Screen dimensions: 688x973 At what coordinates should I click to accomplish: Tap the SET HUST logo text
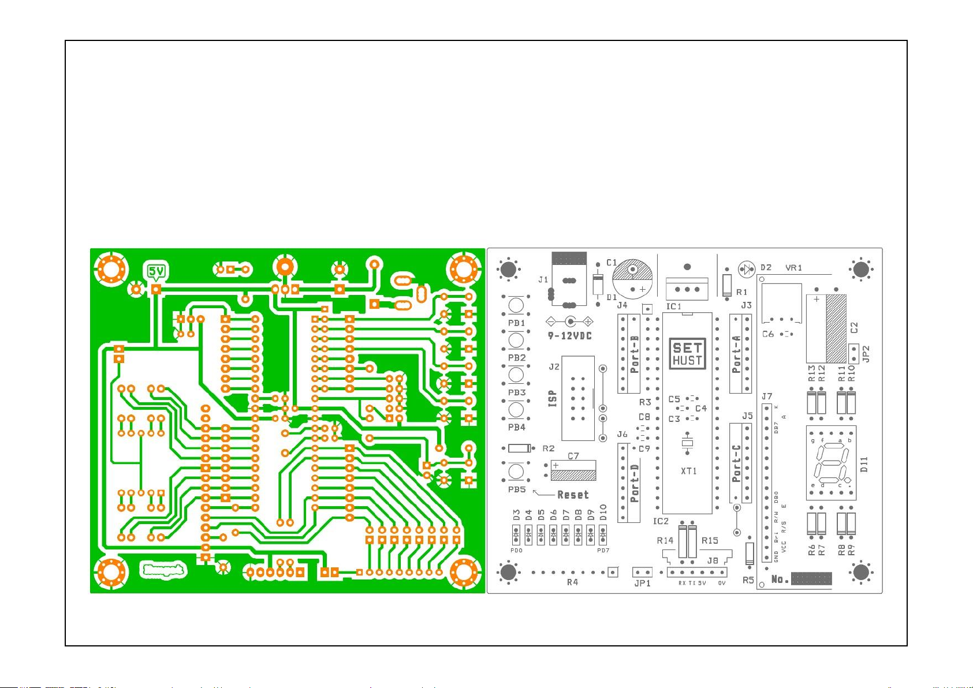pyautogui.click(x=687, y=354)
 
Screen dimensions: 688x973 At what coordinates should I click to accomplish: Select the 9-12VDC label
pyautogui.click(x=569, y=336)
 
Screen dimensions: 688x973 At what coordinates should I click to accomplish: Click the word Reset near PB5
pyautogui.click(x=573, y=495)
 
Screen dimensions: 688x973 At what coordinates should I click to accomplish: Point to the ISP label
pyautogui.click(x=553, y=398)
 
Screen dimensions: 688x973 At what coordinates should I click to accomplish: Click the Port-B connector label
pyautogui.click(x=635, y=354)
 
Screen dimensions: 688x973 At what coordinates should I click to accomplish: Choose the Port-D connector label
pyautogui.click(x=635, y=482)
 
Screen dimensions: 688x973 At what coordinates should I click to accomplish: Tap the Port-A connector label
pyautogui.click(x=736, y=354)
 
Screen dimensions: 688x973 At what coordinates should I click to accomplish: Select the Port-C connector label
pyautogui.click(x=736, y=463)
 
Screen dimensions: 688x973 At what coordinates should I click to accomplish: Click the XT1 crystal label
pyautogui.click(x=688, y=471)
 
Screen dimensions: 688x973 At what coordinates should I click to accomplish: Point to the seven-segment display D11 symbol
pyautogui.click(x=830, y=463)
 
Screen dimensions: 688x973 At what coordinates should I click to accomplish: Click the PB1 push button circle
pyautogui.click(x=516, y=305)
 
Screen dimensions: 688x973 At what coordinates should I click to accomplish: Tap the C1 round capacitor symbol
pyautogui.click(x=632, y=278)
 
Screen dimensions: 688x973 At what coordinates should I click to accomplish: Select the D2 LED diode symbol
pyautogui.click(x=747, y=269)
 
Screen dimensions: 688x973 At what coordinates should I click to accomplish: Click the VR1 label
pyautogui.click(x=793, y=268)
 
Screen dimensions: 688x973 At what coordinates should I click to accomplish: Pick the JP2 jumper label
pyautogui.click(x=865, y=354)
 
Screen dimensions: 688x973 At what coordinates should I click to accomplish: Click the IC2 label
pyautogui.click(x=661, y=521)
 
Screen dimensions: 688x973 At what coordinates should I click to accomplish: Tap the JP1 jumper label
pyautogui.click(x=642, y=583)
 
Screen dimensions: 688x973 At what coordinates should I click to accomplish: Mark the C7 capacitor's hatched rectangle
pyautogui.click(x=573, y=475)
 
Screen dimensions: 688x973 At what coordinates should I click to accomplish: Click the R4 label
pyautogui.click(x=572, y=582)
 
